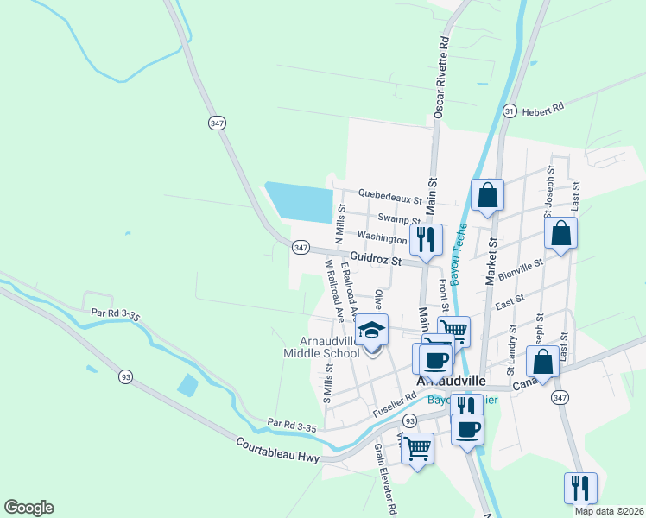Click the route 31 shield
click(x=510, y=111)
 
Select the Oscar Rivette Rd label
click(x=440, y=77)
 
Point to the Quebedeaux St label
click(x=389, y=197)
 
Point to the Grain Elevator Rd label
click(x=384, y=479)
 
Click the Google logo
click(x=28, y=508)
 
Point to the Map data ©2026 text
click(x=609, y=511)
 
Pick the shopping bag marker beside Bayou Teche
click(x=487, y=196)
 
